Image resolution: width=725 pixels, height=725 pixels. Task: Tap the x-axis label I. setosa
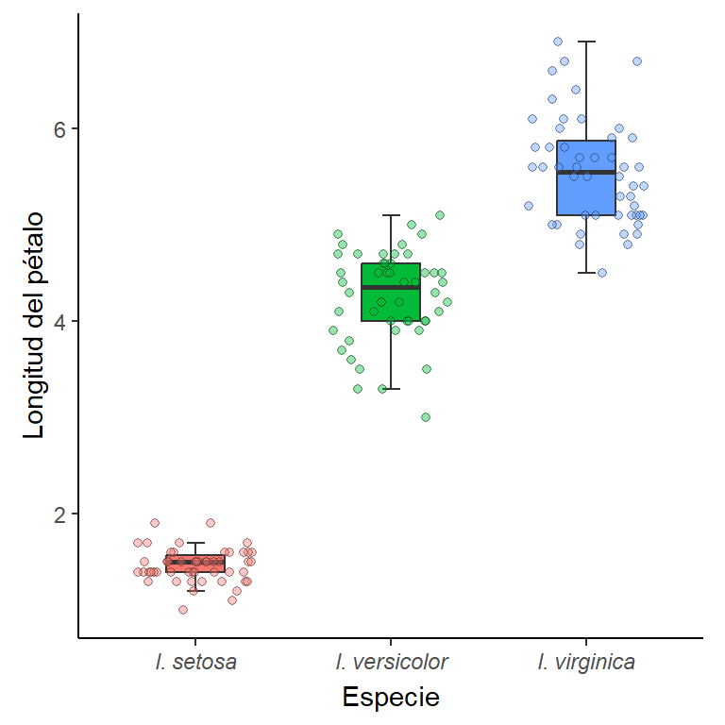195,662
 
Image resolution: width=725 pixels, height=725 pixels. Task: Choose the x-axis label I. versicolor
391,662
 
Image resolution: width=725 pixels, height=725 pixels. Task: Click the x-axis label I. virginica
586,662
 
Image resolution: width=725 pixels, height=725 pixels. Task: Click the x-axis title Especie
391,698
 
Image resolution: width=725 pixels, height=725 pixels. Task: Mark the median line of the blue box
586,172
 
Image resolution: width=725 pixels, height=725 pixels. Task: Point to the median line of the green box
391,287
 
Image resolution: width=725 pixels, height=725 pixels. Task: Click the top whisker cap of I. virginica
586,42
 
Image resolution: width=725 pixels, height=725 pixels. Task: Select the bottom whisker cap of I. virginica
586,273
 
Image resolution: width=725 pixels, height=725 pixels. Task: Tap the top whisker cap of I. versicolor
391,215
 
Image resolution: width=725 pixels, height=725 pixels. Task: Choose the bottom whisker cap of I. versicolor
391,388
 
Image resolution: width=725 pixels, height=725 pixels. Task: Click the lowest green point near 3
426,417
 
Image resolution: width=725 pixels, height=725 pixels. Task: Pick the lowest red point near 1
183,610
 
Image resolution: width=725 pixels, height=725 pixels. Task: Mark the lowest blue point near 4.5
602,273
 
